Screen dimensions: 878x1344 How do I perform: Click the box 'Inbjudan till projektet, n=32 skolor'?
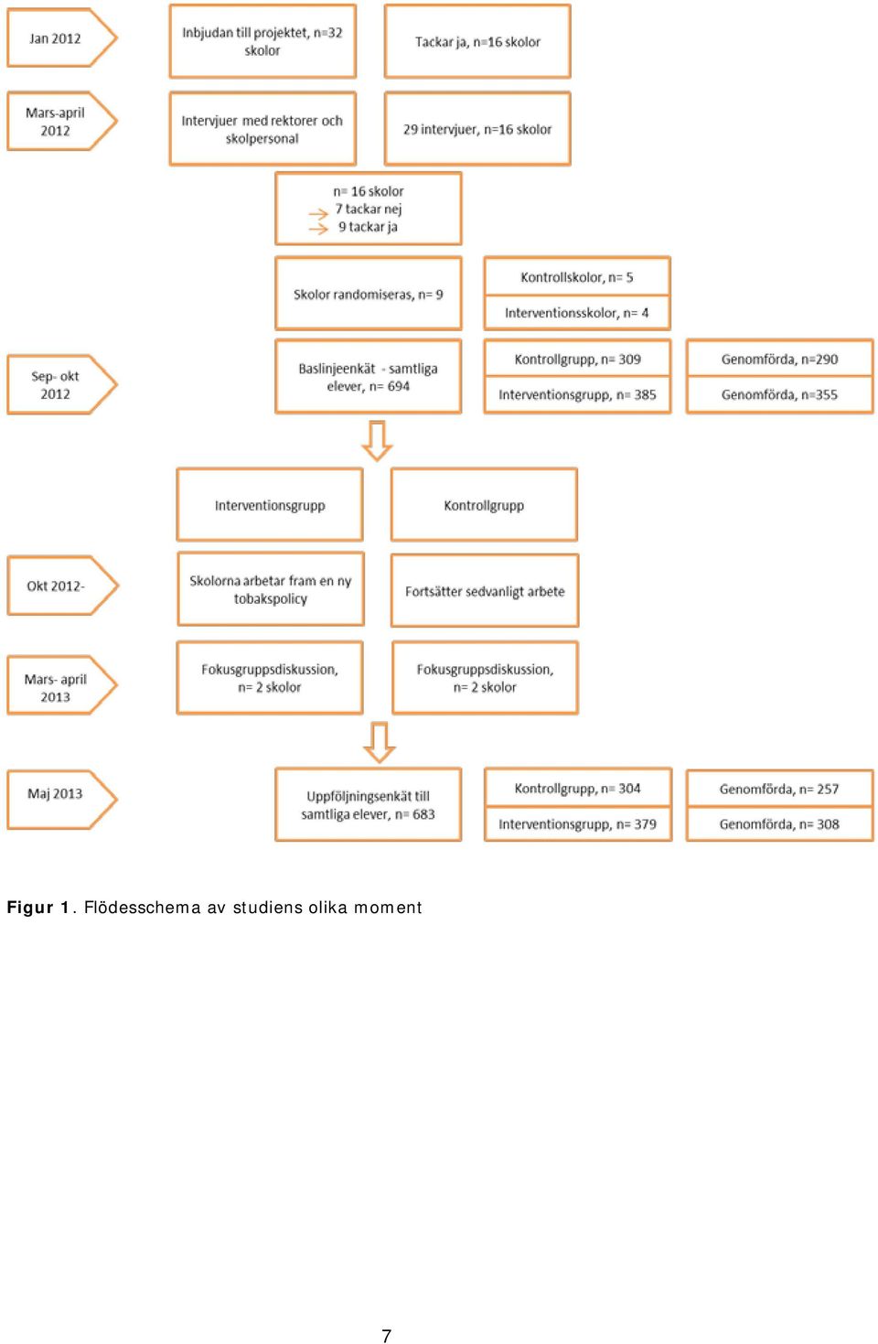coord(262,41)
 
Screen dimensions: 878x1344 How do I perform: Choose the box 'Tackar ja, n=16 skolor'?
coord(477,41)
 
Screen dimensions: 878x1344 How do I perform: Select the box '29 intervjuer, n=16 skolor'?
coord(477,128)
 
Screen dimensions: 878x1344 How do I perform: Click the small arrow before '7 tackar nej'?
coord(318,213)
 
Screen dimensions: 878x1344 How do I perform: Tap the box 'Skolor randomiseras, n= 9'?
coord(369,294)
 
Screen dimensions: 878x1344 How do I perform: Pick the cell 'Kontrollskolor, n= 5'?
coord(577,276)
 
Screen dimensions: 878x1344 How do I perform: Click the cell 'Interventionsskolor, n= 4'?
coord(577,313)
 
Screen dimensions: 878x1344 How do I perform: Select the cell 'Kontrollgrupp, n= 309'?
coord(577,359)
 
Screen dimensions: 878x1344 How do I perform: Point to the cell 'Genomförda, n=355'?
coord(779,395)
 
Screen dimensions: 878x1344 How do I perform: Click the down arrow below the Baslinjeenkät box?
coord(377,441)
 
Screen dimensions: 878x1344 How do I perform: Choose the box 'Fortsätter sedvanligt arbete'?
coord(485,590)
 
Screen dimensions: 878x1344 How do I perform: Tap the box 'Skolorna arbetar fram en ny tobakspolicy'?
coord(271,588)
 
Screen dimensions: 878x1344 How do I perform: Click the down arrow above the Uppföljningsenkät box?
coord(379,742)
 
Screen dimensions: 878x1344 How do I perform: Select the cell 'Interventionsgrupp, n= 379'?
coord(577,823)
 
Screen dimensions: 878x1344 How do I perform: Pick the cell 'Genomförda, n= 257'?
coord(779,789)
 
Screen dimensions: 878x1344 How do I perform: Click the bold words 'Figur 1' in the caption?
coord(38,908)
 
